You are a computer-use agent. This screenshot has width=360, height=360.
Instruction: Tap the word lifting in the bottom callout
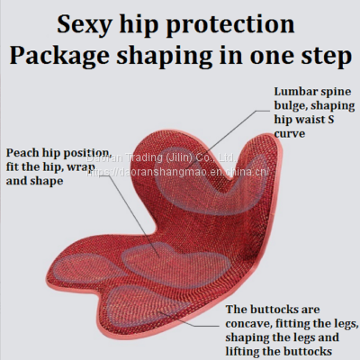click(x=246, y=352)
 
